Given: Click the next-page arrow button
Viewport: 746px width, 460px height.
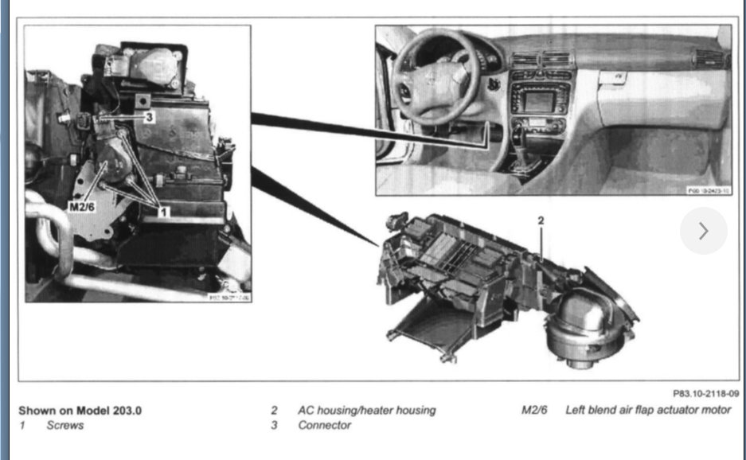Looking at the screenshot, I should (x=703, y=231).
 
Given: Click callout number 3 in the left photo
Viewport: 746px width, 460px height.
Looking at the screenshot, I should (x=148, y=116).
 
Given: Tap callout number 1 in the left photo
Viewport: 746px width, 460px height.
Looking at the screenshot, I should (x=163, y=212).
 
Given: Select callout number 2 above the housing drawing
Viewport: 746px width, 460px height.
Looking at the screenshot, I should (x=541, y=219).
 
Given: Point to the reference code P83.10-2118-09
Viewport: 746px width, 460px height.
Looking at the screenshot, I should (x=705, y=393).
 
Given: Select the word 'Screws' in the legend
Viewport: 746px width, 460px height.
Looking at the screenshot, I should (x=64, y=426).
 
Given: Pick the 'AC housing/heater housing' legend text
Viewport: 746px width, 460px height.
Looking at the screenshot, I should (x=367, y=411).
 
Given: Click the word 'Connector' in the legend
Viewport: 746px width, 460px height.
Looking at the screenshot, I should (x=324, y=426).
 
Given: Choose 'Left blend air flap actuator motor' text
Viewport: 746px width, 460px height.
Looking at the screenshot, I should (x=647, y=411).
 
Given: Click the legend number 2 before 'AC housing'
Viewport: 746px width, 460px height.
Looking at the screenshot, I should (x=274, y=411).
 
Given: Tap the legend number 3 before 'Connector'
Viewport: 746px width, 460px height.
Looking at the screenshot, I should (x=274, y=426).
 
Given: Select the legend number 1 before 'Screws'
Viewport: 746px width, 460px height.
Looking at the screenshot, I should (x=22, y=426).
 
